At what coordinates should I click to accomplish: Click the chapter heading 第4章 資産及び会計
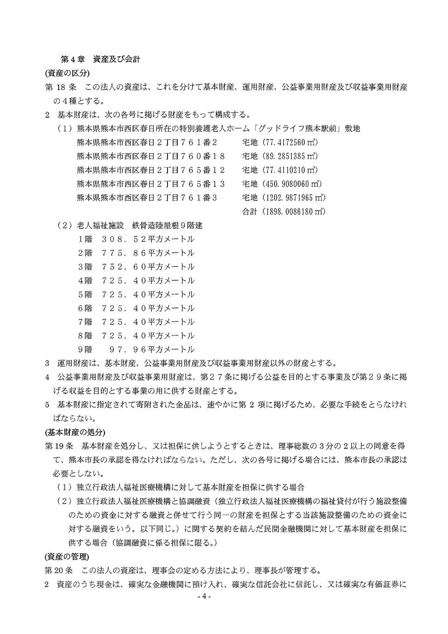(100, 60)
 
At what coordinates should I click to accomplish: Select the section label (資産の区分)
(67, 73)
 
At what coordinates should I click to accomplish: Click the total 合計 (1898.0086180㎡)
(283, 212)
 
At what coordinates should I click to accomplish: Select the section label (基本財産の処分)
(75, 431)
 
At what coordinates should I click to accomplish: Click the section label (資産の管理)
(67, 556)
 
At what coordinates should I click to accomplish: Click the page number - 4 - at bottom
(204, 598)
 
